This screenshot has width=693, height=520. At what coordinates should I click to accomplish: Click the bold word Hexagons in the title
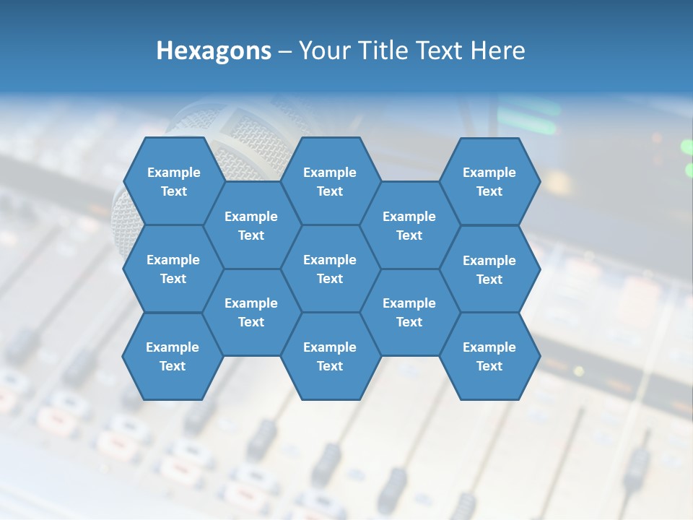click(214, 51)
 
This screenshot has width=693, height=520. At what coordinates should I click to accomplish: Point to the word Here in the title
click(498, 51)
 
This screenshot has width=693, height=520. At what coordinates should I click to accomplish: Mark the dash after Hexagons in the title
click(284, 51)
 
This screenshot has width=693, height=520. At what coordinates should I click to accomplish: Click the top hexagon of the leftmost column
click(173, 181)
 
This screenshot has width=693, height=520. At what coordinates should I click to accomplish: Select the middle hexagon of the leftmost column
click(173, 269)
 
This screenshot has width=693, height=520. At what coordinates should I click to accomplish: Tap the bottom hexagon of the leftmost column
click(173, 356)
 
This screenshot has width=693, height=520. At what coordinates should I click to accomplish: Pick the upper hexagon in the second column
click(251, 225)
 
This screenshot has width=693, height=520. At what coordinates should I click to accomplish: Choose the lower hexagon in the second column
click(251, 312)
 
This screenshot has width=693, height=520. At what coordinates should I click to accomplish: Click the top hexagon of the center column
click(330, 181)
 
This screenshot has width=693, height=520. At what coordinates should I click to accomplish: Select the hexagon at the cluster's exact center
click(330, 269)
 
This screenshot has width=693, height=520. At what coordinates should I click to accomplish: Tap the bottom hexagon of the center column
click(330, 356)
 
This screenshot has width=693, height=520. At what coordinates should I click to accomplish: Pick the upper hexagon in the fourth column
click(409, 225)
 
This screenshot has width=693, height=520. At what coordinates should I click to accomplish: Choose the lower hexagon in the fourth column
click(409, 312)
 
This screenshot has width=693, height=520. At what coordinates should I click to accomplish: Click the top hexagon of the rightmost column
click(489, 181)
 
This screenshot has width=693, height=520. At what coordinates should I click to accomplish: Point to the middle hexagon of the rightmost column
click(489, 269)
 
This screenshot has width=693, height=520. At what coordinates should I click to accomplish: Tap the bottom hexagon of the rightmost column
click(489, 356)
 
